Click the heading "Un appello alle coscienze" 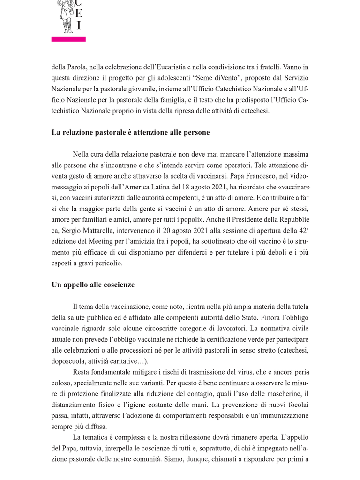(93, 285)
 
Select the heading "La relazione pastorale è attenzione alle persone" (130, 133)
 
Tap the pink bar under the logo (68, 39)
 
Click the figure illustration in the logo (65, 16)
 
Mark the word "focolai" (296, 405)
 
